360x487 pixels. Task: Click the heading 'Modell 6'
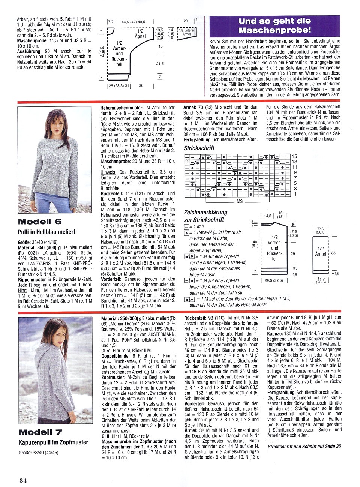tap(40, 222)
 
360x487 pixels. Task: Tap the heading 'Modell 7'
tap(40, 432)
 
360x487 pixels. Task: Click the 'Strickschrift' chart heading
tap(199, 148)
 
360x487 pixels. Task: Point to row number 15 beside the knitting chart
tap(294, 156)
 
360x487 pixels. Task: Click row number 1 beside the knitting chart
tap(295, 194)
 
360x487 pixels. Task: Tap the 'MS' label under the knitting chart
tap(240, 201)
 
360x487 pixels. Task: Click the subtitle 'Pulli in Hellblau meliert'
tap(47, 232)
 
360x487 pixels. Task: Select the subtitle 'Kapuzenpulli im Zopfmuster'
tap(53, 442)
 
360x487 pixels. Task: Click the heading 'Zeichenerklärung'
tap(205, 212)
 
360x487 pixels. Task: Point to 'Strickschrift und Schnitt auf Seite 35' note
tap(304, 447)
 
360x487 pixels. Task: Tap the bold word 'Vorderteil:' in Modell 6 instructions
tap(112, 279)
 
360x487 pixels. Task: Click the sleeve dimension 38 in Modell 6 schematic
tap(333, 253)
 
